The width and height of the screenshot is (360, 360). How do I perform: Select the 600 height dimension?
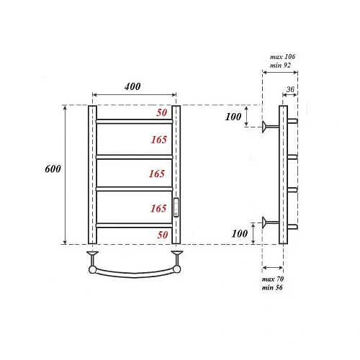click(x=53, y=170)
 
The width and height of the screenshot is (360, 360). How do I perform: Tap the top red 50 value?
click(x=163, y=114)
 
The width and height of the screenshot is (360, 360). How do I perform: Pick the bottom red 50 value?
click(x=163, y=235)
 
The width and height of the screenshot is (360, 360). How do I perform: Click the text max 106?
click(x=282, y=56)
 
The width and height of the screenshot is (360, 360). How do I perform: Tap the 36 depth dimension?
click(x=290, y=89)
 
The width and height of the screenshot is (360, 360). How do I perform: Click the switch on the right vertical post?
click(x=176, y=207)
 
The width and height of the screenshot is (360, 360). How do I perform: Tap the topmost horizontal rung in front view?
click(x=134, y=122)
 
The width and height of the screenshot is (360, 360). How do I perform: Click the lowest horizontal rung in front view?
click(x=134, y=226)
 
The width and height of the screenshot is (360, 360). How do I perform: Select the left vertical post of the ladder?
click(x=92, y=175)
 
